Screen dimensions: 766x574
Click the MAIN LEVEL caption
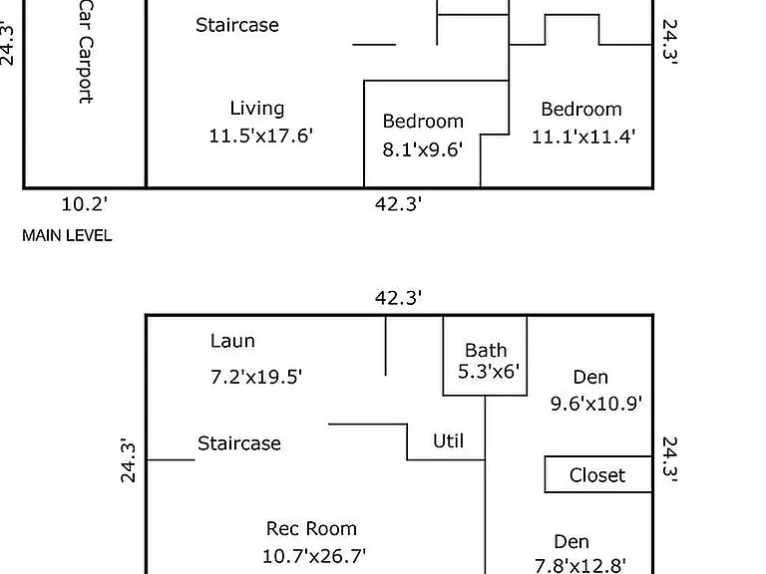tap(67, 236)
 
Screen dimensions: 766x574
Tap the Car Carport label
tap(86, 51)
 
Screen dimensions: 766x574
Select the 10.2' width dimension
tap(84, 203)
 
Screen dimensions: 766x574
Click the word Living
tap(257, 109)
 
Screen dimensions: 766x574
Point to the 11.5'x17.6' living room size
tap(261, 136)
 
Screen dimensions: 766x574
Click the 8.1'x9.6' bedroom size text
tap(423, 149)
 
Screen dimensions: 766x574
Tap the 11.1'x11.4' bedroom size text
tap(583, 137)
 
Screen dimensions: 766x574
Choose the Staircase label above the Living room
tap(237, 25)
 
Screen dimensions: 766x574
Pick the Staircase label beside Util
tap(239, 443)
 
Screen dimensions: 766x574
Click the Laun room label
tap(232, 341)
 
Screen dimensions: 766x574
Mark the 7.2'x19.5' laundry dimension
tap(256, 377)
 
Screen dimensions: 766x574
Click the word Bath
tap(486, 350)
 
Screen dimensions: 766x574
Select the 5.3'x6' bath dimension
tap(489, 372)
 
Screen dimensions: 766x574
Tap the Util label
tap(449, 440)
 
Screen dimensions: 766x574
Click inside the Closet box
tap(597, 475)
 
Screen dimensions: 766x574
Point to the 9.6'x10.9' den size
tap(596, 404)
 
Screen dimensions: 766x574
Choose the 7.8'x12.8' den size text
tap(580, 566)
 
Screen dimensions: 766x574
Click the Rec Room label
tap(311, 528)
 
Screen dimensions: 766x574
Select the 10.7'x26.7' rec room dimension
tap(314, 556)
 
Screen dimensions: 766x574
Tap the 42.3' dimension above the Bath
tap(399, 297)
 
